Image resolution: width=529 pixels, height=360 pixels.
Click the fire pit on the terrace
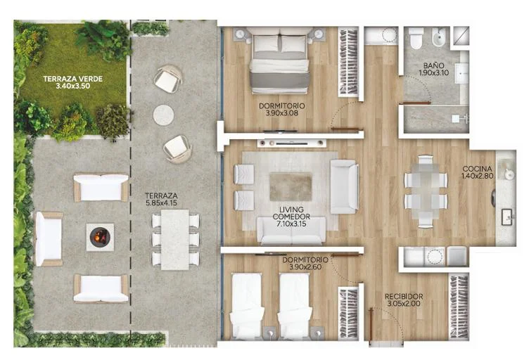point(100,237)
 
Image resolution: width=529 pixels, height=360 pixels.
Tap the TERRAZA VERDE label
point(73,79)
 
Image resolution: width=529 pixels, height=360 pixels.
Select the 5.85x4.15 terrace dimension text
point(161,203)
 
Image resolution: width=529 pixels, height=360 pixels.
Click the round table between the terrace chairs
point(164,115)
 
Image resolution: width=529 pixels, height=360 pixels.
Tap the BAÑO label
point(434,65)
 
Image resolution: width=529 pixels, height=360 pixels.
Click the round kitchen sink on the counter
point(509,174)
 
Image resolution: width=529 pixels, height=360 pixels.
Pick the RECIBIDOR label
point(404,297)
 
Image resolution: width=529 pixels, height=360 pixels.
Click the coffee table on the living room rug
point(291,186)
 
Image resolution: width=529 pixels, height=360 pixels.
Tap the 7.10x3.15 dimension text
point(291,223)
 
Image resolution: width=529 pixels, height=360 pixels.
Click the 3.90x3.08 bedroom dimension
point(282,113)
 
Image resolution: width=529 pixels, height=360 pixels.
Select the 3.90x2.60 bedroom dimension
point(305,267)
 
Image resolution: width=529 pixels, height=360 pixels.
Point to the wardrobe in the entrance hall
point(459,307)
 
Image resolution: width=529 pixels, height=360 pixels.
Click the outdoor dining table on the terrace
point(174,240)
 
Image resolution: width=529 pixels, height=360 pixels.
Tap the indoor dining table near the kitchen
point(426,191)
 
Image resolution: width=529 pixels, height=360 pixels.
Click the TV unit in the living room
point(291,143)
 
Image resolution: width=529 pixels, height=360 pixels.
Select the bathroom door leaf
point(415,103)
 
